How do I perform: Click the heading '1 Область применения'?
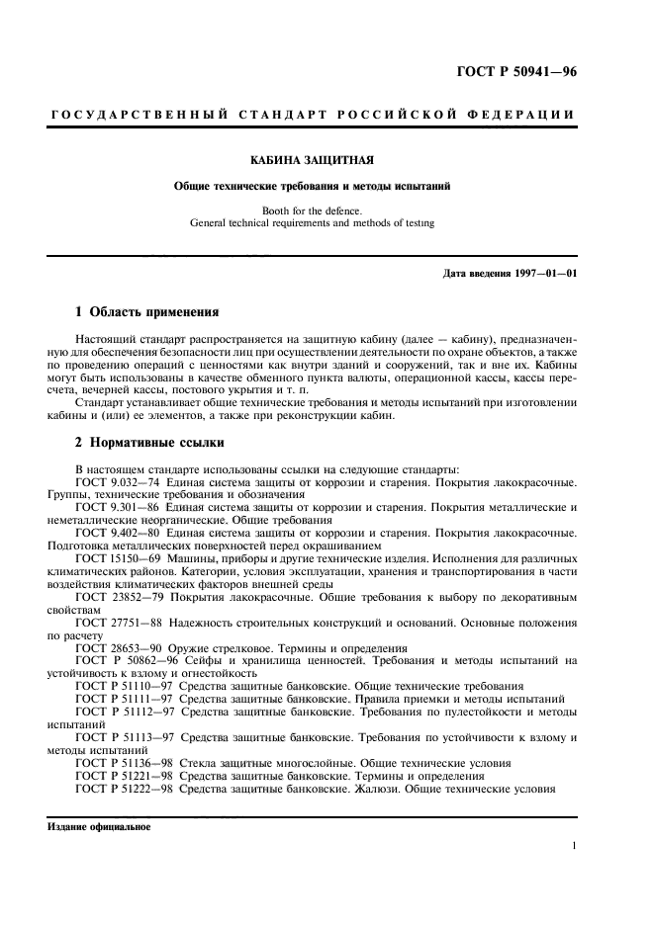147,311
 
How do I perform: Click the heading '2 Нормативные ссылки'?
149,443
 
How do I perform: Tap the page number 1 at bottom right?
574,847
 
